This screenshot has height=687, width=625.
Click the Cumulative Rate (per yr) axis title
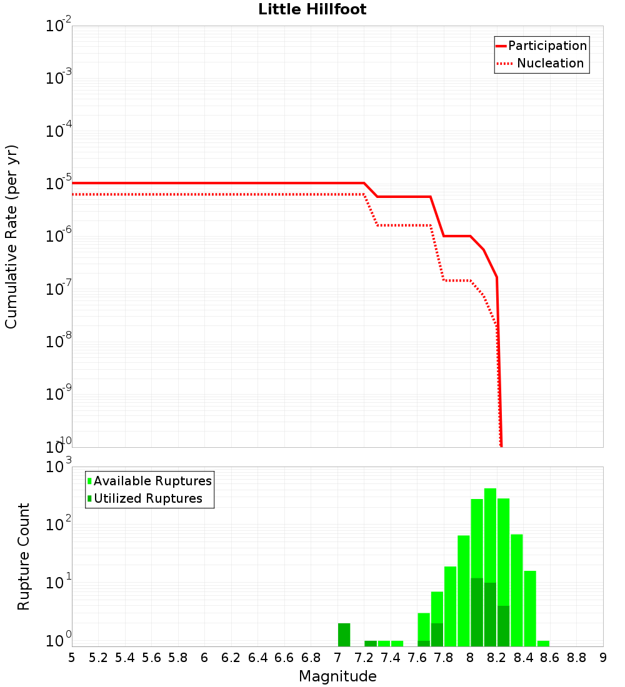11,236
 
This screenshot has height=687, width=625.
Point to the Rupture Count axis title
24,556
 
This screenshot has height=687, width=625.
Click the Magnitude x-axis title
337,676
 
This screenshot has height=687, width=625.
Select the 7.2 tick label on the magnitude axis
364,658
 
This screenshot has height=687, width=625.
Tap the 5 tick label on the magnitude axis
72,658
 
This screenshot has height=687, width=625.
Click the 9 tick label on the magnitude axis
602,658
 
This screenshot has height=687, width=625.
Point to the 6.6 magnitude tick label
284,658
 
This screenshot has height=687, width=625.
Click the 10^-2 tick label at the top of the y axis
59,26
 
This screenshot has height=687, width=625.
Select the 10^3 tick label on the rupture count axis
59,467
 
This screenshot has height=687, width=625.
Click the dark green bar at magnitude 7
344,635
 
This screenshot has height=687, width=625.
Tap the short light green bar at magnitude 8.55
543,643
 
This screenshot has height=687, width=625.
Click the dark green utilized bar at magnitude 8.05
477,612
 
